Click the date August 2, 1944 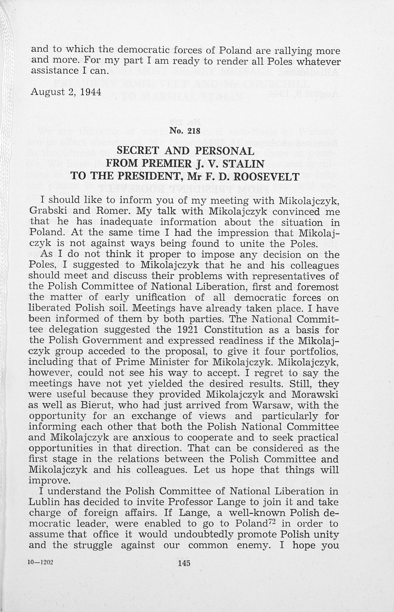[66, 92]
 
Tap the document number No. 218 [185, 131]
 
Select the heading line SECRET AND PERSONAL [185, 151]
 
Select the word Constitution [233, 330]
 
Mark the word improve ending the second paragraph [49, 481]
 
